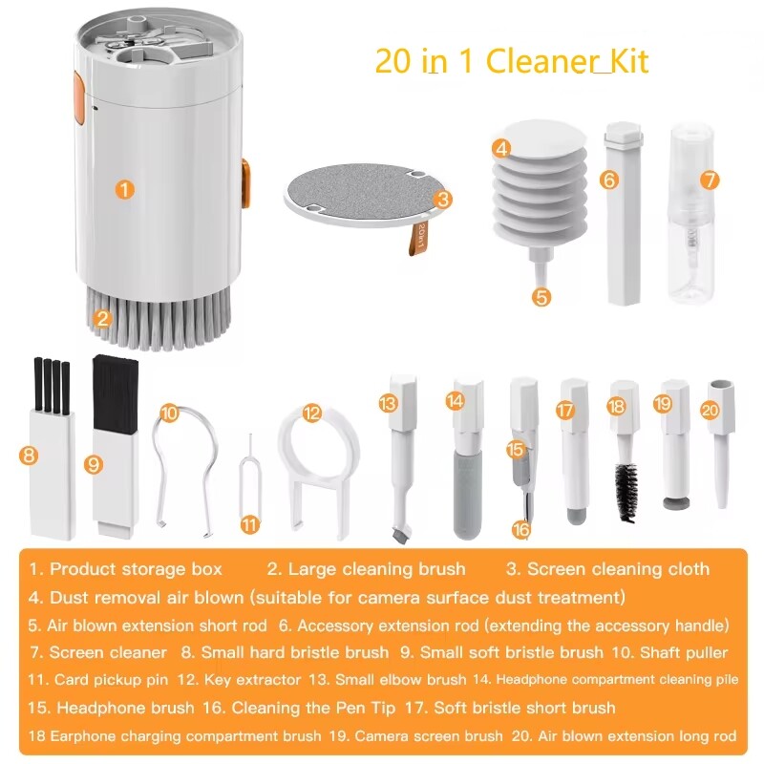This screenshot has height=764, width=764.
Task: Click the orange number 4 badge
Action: coord(502,148)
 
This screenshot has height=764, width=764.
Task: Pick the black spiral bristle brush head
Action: coord(626,492)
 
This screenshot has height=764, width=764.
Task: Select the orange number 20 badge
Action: coord(710,410)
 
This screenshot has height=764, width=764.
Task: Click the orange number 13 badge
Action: coord(387,404)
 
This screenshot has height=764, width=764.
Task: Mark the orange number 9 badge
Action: coord(93,464)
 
